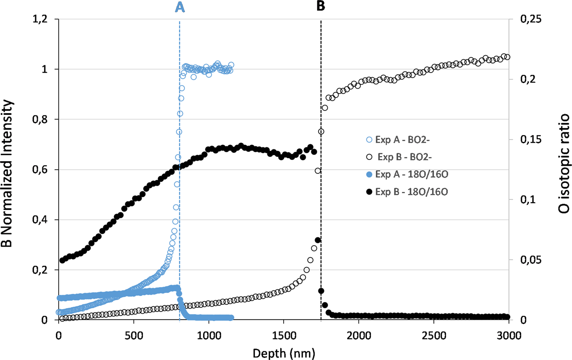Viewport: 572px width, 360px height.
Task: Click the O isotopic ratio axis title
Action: pyautogui.click(x=564, y=170)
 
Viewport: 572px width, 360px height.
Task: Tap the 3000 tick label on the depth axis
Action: pyautogui.click(x=509, y=333)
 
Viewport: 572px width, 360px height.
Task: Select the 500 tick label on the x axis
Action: pyautogui.click(x=134, y=333)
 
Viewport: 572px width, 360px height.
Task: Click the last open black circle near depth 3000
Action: pyautogui.click(x=507, y=57)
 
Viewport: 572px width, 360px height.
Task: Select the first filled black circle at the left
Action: pyautogui.click(x=62, y=260)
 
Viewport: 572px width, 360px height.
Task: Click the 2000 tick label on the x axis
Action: pyautogui.click(x=359, y=333)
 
